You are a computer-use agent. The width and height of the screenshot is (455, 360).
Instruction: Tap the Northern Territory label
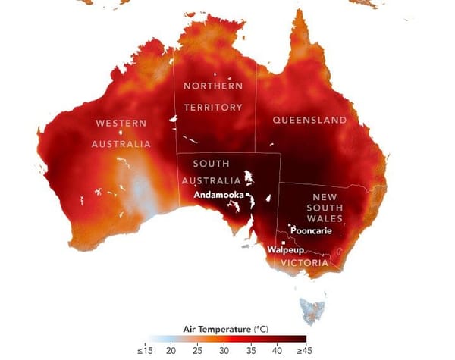point(212,96)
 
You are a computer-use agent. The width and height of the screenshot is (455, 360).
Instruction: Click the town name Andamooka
point(218,194)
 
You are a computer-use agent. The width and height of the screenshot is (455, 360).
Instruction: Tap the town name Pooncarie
point(311,230)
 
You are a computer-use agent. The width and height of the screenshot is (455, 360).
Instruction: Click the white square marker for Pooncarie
point(289,224)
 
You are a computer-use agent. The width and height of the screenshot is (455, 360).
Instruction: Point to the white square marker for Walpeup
point(284,242)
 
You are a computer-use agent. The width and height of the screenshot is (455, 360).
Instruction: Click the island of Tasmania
point(314,308)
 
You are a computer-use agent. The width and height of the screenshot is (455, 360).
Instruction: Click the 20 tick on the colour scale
point(171,351)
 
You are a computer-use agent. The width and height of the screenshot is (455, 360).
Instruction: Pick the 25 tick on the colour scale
point(198,351)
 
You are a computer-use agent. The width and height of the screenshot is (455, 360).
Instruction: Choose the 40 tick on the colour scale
point(278,351)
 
